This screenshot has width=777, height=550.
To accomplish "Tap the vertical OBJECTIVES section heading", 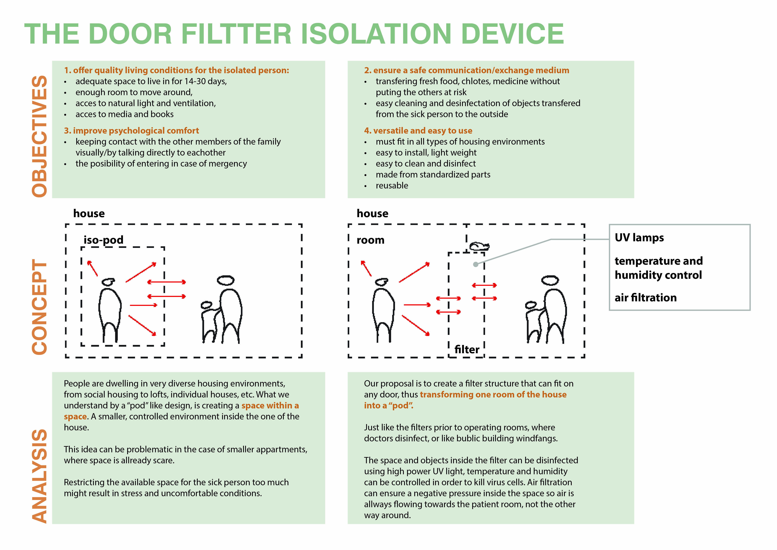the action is coord(40,136).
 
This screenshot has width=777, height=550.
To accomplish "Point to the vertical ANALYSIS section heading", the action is coord(40,476).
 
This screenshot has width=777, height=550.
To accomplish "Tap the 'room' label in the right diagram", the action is coord(371,240).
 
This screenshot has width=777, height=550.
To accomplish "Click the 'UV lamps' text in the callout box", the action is coord(639,237).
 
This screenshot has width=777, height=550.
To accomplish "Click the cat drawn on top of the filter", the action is coord(479,246).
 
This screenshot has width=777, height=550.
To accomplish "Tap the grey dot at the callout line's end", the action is coord(476,264).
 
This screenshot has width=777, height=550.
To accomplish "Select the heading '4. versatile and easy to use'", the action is coord(418,131).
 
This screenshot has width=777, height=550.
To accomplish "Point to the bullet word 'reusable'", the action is coord(392,186).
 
